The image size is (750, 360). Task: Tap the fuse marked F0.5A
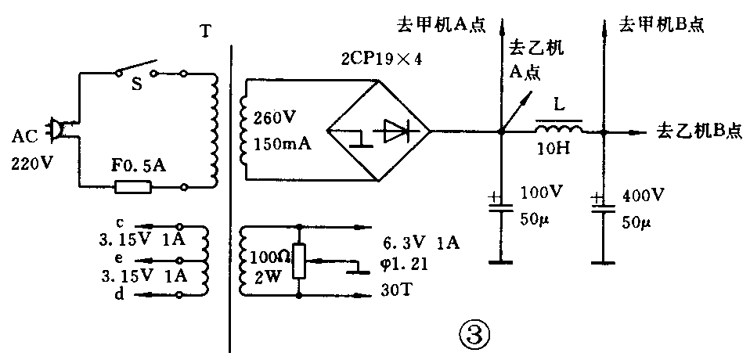pyautogui.click(x=134, y=187)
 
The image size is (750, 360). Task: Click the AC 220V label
pyautogui.click(x=30, y=151)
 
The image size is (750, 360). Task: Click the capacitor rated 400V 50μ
pyautogui.click(x=601, y=205)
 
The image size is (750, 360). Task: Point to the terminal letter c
pyautogui.click(x=119, y=221)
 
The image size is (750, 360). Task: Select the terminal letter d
pyautogui.click(x=119, y=294)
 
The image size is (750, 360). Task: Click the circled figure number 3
pyautogui.click(x=474, y=335)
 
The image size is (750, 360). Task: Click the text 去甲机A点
pyautogui.click(x=444, y=24)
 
